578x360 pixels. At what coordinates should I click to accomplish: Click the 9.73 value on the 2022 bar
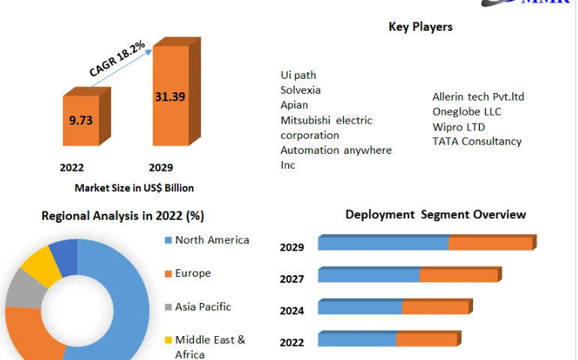81,120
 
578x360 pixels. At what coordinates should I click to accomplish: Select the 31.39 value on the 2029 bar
169,97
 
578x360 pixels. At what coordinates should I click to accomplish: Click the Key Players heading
420,27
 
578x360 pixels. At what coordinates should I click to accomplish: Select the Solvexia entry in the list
301,90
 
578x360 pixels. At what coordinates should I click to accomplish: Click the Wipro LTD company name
458,126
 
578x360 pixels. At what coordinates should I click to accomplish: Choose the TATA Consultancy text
477,141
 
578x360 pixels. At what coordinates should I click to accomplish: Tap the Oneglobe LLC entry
467,111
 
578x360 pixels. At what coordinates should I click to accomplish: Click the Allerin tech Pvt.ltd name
478,96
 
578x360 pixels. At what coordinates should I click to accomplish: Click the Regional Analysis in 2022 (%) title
122,216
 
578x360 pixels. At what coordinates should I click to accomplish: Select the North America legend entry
211,240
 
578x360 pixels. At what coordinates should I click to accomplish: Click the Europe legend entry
193,273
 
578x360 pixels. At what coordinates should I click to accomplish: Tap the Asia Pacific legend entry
202,306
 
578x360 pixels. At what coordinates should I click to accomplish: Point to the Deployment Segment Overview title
436,214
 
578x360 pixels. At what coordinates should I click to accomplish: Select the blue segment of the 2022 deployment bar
357,340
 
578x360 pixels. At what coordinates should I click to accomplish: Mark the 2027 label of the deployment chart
292,279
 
